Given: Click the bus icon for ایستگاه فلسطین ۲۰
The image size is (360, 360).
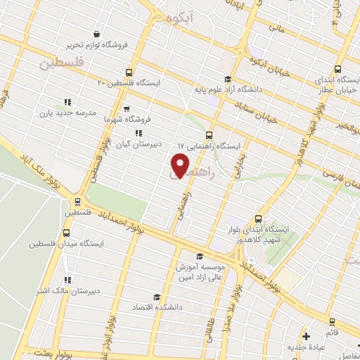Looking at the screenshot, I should (129, 72).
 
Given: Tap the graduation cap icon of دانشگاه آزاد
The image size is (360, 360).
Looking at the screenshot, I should (227, 79).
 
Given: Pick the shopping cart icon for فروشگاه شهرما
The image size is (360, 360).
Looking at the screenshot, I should (126, 109).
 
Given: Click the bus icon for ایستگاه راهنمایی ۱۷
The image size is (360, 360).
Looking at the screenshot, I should (209, 135).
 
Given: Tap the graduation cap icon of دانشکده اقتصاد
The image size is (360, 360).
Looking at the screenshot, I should (157, 297).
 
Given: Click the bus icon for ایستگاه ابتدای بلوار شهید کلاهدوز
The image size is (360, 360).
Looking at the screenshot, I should (259, 219).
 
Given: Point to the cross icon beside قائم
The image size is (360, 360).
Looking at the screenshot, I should (307, 336).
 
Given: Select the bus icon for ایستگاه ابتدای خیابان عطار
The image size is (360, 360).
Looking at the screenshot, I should (338, 69).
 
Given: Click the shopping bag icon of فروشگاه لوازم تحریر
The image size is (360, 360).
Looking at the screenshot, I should (96, 34).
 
